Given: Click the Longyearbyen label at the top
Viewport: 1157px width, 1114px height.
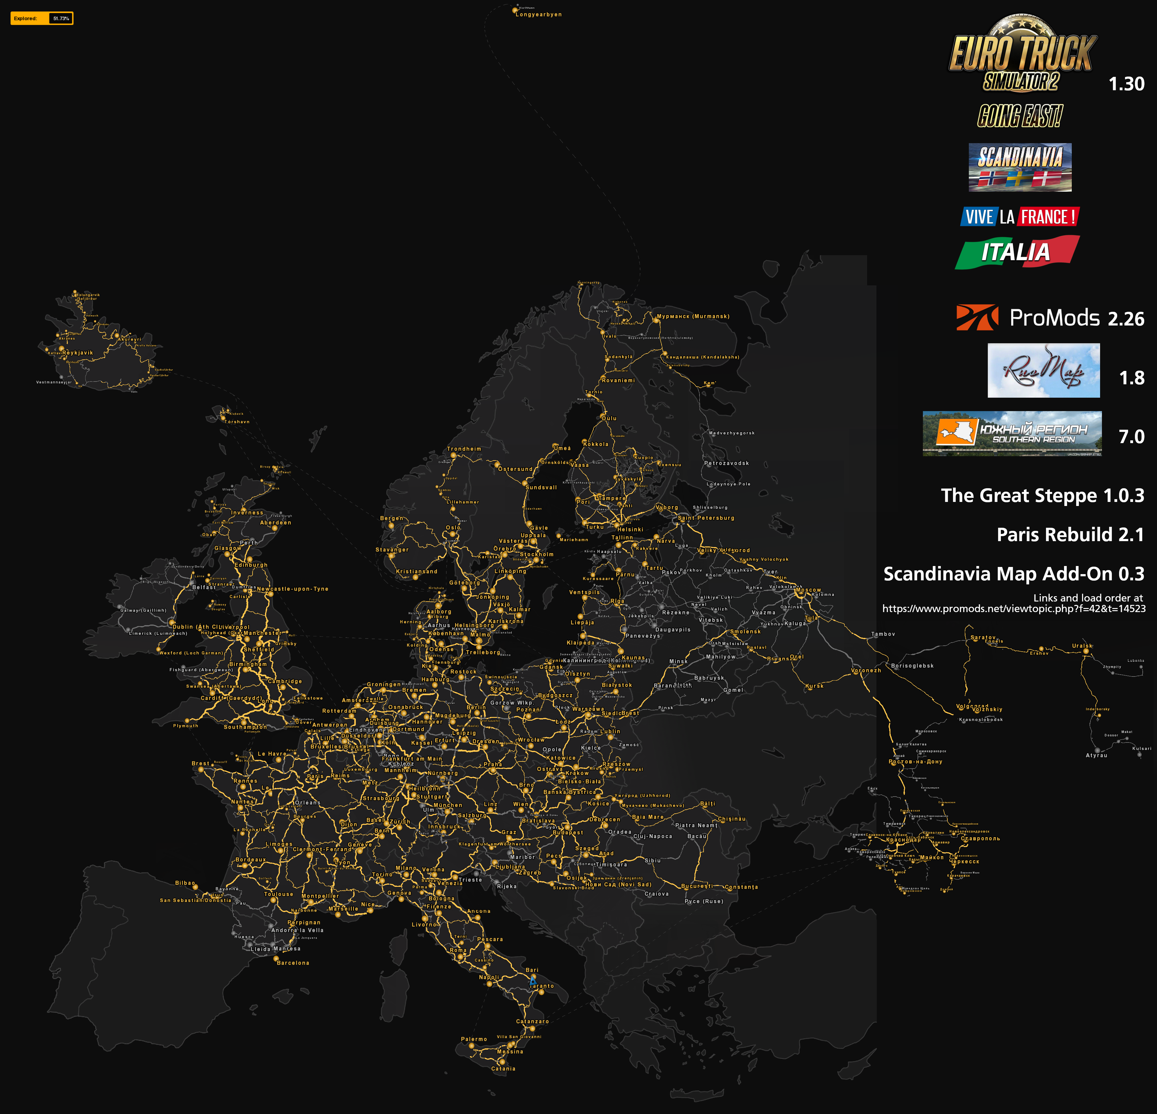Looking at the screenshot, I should click(538, 15).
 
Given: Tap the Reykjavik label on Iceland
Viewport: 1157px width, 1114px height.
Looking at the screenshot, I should click(77, 353).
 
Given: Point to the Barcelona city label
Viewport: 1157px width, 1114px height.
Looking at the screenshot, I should click(293, 963).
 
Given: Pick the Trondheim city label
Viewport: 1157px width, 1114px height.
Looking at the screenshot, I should click(464, 449).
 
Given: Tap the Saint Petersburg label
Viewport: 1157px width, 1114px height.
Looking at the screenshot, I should click(706, 518).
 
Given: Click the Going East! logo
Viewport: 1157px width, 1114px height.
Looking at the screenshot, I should click(1020, 116).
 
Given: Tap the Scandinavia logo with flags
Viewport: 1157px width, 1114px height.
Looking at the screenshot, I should click(1020, 167).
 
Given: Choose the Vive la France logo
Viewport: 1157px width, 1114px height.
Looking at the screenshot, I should click(1020, 217).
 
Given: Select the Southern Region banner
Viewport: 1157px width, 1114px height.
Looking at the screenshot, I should click(1012, 433).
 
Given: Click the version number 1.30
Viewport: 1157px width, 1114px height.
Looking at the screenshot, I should click(1126, 84).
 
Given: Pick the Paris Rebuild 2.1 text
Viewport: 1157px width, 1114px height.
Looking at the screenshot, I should click(1070, 535).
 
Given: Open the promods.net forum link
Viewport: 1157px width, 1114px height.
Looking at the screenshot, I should click(1014, 608).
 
